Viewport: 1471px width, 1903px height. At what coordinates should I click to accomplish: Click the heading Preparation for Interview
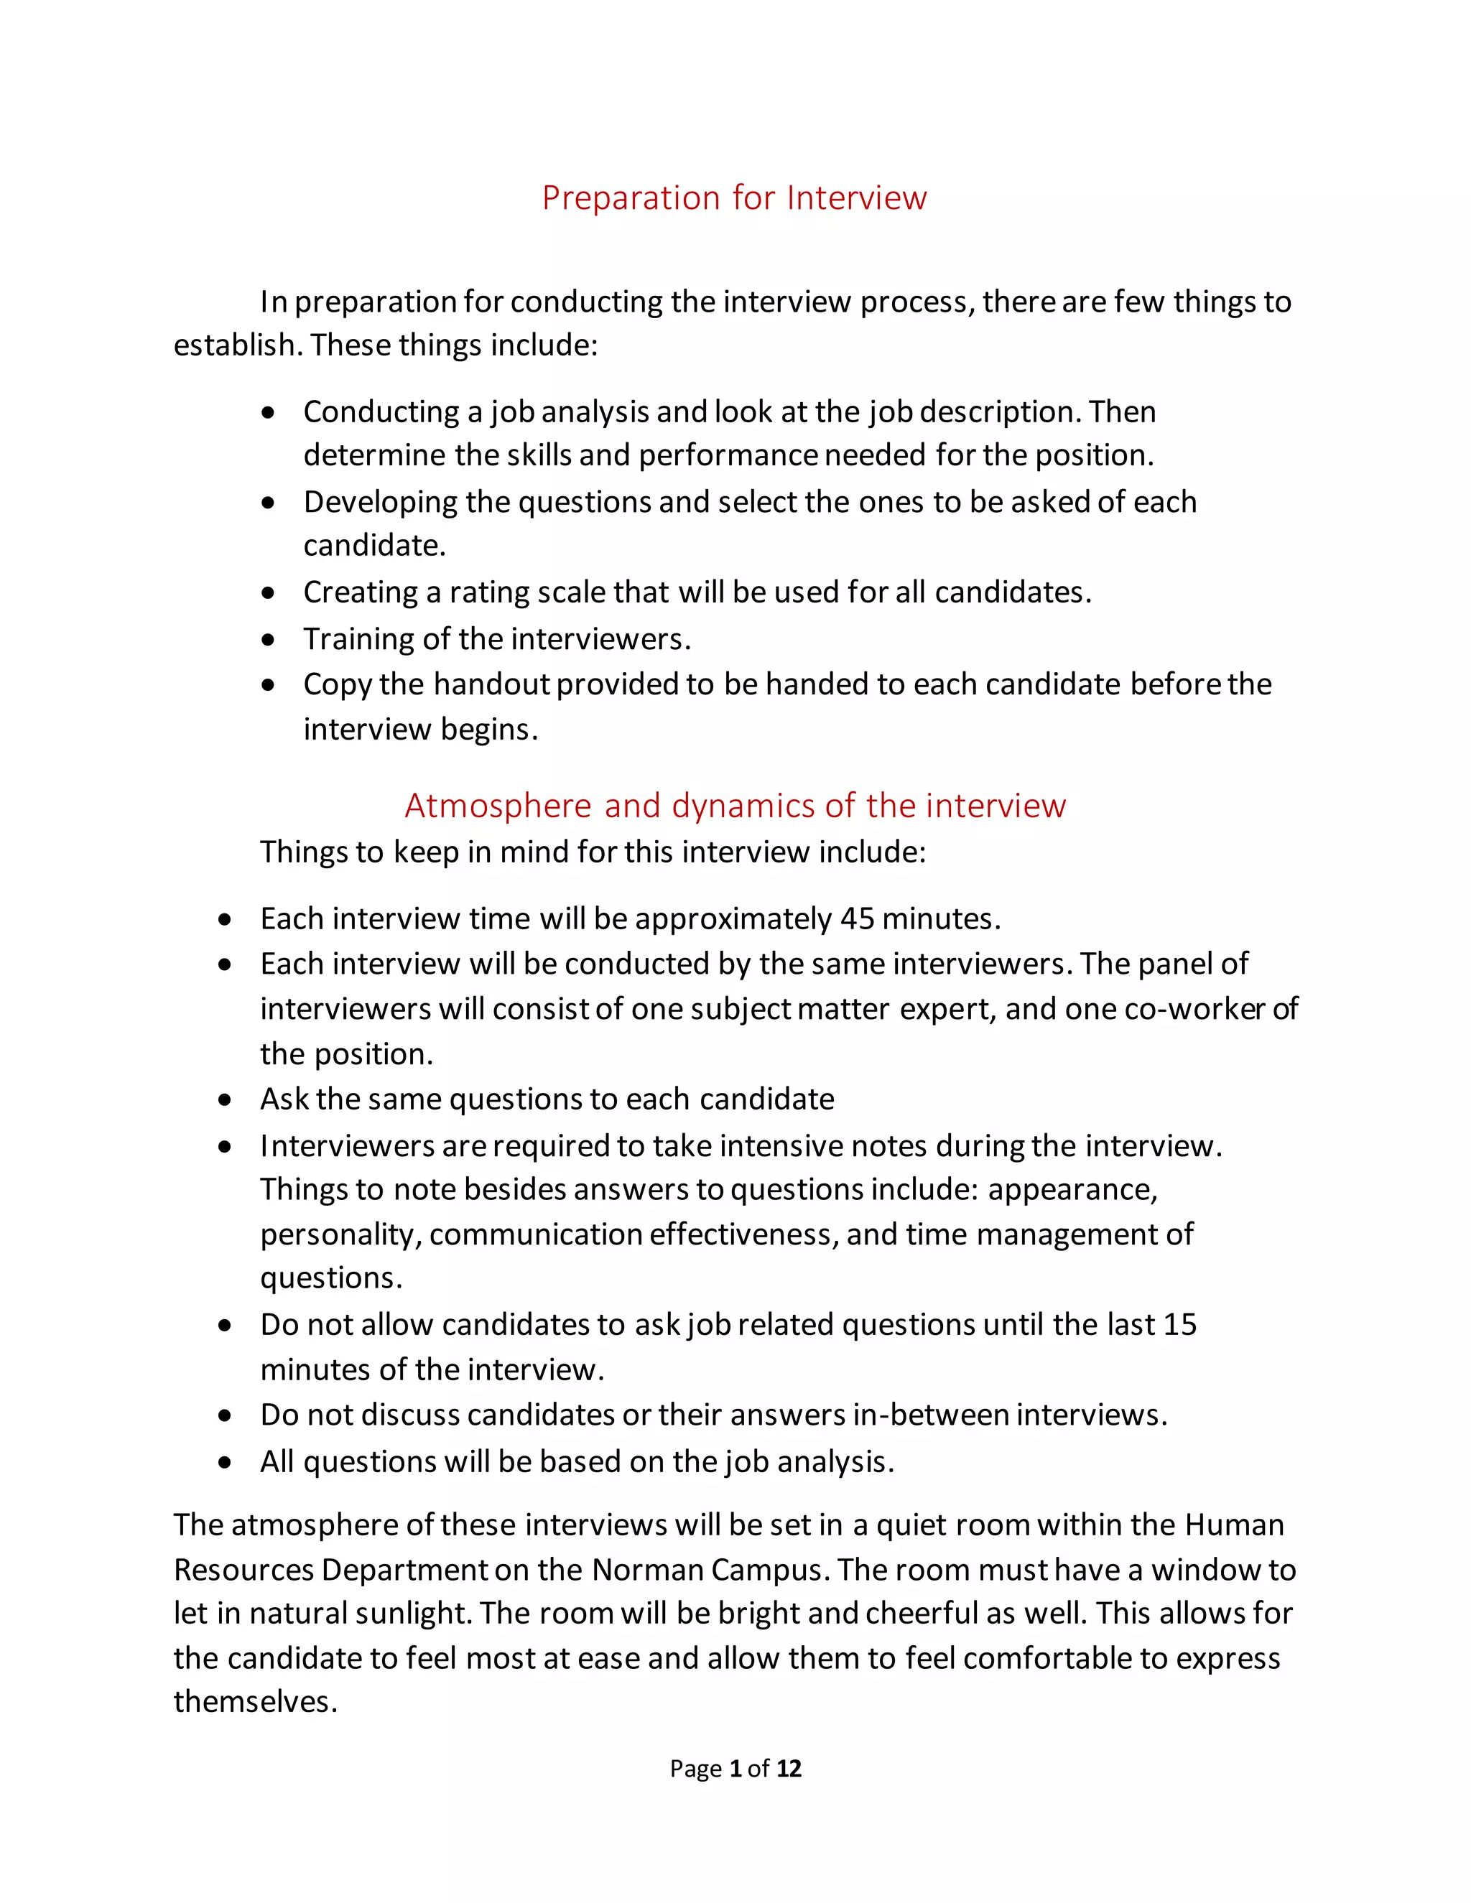[734, 197]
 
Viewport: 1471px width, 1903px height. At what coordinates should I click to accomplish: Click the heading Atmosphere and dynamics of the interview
[735, 805]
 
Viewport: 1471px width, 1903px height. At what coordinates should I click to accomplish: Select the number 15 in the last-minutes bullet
[1179, 1324]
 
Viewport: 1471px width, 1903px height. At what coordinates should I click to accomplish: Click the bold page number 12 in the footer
[789, 1768]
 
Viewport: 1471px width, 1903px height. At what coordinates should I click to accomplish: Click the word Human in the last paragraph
[1234, 1525]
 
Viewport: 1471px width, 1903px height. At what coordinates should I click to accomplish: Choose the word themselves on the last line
[254, 1702]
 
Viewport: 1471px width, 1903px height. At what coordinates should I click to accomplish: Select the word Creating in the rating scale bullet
[360, 592]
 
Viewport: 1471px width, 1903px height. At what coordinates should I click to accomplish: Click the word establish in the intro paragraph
[238, 345]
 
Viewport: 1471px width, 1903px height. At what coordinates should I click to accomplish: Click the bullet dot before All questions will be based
[226, 1462]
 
